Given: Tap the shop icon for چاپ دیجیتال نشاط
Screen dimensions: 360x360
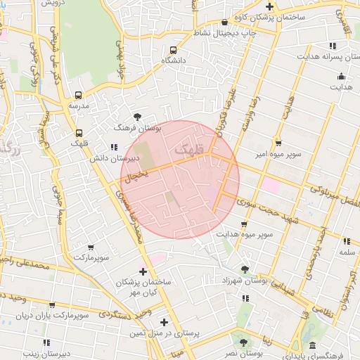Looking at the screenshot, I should point(224,22).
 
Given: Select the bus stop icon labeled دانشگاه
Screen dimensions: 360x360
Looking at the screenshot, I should point(173,50).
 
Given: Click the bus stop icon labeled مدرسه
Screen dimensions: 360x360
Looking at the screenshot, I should point(78,95).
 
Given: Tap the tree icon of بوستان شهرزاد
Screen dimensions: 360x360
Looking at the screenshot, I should point(245,269).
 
